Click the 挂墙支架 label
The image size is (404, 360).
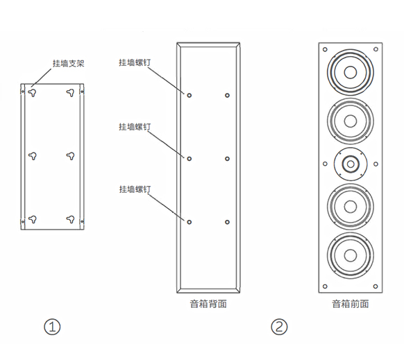69,63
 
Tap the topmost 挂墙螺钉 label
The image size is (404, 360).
135,62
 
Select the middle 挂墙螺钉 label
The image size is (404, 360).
135,126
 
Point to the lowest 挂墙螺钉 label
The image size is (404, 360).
135,189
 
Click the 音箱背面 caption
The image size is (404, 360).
208,304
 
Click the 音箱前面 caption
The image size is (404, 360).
350,304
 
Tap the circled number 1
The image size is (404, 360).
52,327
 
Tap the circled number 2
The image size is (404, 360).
279,327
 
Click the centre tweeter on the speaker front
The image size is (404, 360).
351,164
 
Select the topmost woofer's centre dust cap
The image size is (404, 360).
351,72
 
